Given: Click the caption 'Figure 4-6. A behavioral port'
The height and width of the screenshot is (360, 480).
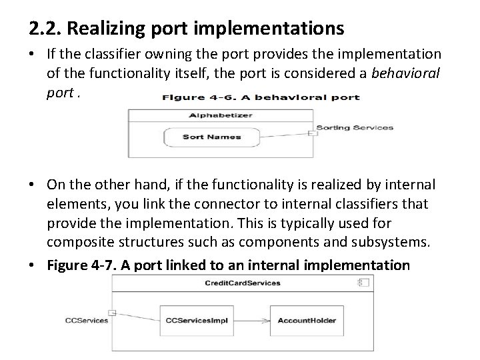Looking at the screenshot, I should [x=261, y=97].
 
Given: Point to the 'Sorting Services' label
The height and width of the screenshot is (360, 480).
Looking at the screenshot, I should [x=355, y=127].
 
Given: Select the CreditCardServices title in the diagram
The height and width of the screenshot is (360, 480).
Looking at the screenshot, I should [x=242, y=283].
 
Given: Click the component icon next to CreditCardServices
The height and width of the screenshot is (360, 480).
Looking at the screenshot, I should [x=363, y=283].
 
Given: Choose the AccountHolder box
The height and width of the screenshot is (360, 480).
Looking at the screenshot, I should [x=306, y=320].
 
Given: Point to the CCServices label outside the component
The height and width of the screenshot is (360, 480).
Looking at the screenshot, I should [x=86, y=320].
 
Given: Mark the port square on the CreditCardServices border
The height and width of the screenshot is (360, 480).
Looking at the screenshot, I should [x=113, y=313].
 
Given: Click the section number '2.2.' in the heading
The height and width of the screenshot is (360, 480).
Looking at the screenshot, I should [x=45, y=29].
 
